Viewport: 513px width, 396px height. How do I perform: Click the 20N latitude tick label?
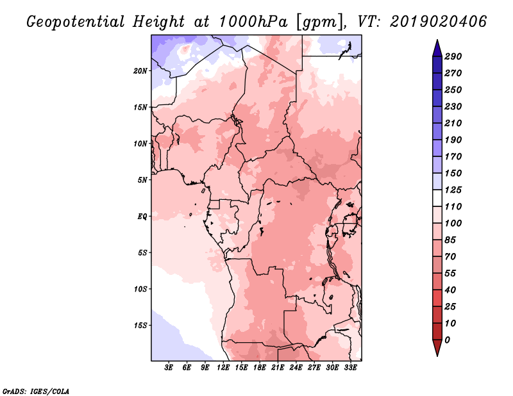140,71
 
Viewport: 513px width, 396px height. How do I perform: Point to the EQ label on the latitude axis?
142,217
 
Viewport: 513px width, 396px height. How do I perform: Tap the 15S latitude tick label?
140,326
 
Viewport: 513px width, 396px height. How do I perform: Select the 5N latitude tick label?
142,180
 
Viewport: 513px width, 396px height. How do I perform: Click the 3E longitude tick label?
169,368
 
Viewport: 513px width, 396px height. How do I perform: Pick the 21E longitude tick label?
278,368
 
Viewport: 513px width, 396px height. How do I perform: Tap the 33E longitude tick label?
350,368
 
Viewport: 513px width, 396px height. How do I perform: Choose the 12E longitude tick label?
223,368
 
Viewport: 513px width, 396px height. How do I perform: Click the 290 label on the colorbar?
453,56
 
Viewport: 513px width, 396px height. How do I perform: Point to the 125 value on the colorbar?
453,190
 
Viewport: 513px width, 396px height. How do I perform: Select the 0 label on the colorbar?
447,340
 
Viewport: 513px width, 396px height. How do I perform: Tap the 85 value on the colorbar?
450,240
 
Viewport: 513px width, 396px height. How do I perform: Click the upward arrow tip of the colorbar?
437,40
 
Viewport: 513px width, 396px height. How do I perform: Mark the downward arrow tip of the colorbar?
437,356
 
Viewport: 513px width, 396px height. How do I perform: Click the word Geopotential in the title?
76,22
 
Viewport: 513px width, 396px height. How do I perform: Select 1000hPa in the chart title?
253,22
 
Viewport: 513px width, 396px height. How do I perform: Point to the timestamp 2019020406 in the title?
439,22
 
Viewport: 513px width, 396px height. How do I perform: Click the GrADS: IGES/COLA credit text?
36,392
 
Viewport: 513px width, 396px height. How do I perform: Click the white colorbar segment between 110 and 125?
437,198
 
